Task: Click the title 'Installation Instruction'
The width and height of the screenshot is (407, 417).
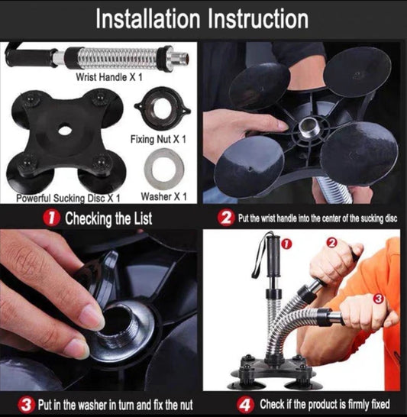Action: (x=202, y=18)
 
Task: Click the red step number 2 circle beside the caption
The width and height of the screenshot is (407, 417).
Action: (x=225, y=218)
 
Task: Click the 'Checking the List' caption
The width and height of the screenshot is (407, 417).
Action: (x=108, y=218)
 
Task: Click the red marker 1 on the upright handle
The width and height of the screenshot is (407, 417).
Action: (x=286, y=245)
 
